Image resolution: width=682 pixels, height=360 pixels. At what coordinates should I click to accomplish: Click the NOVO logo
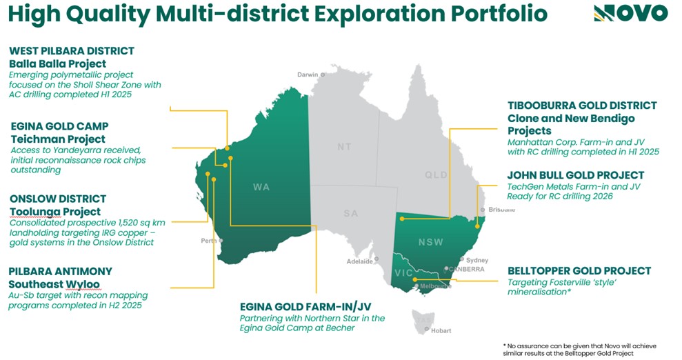pos(630,12)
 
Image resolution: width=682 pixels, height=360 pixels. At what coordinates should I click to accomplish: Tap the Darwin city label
pos(308,74)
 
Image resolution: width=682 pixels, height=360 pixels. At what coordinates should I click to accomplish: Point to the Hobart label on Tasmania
pos(441,330)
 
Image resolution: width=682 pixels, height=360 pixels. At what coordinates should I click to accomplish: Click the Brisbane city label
pos(501,209)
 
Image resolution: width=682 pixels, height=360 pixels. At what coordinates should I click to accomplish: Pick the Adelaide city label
pos(359,261)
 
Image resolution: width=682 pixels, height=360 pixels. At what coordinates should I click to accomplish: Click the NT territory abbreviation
pos(344,147)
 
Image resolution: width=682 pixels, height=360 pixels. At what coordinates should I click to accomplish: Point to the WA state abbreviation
pos(261,186)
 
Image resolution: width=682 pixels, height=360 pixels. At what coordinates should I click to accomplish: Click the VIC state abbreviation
pos(403,272)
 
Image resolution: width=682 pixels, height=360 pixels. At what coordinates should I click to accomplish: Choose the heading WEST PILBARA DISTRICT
pos(72,51)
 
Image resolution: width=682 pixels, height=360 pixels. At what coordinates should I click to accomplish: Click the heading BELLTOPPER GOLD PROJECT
pos(579,271)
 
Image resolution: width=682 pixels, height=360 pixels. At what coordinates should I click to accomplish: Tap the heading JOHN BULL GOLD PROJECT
pos(575,175)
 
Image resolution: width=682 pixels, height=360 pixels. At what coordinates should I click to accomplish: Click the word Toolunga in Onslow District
pos(34,211)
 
